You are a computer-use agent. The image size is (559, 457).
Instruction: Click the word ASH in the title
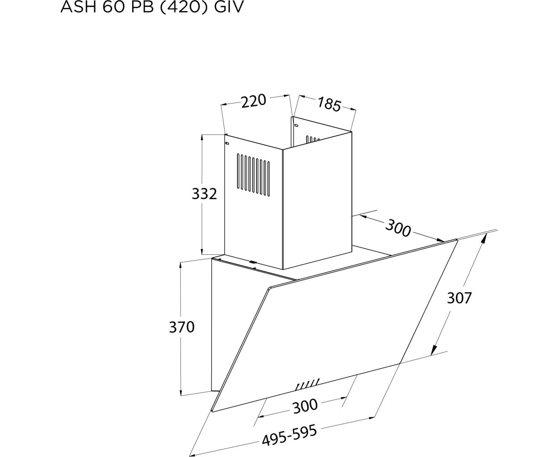pyautogui.click(x=79, y=7)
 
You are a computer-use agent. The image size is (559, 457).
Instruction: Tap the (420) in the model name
pyautogui.click(x=182, y=7)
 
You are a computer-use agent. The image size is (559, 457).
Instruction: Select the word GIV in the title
pyautogui.click(x=229, y=7)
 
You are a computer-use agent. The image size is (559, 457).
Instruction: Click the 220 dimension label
pyautogui.click(x=254, y=101)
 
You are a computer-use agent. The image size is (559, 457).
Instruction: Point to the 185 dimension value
pyautogui.click(x=329, y=104)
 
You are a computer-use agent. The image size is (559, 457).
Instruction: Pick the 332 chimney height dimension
pyautogui.click(x=204, y=194)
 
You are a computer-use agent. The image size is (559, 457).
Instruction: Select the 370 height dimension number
pyautogui.click(x=182, y=327)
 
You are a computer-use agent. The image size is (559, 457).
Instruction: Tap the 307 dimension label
pyautogui.click(x=459, y=298)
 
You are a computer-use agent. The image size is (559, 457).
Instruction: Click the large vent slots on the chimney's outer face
pyautogui.click(x=254, y=175)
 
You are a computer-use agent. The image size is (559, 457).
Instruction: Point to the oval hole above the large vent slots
pyautogui.click(x=227, y=143)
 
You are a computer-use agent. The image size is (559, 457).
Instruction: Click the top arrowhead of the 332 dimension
pyautogui.click(x=202, y=138)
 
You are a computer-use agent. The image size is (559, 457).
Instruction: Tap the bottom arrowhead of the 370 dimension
pyautogui.click(x=181, y=392)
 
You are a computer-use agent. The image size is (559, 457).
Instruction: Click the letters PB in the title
pyautogui.click(x=142, y=7)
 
